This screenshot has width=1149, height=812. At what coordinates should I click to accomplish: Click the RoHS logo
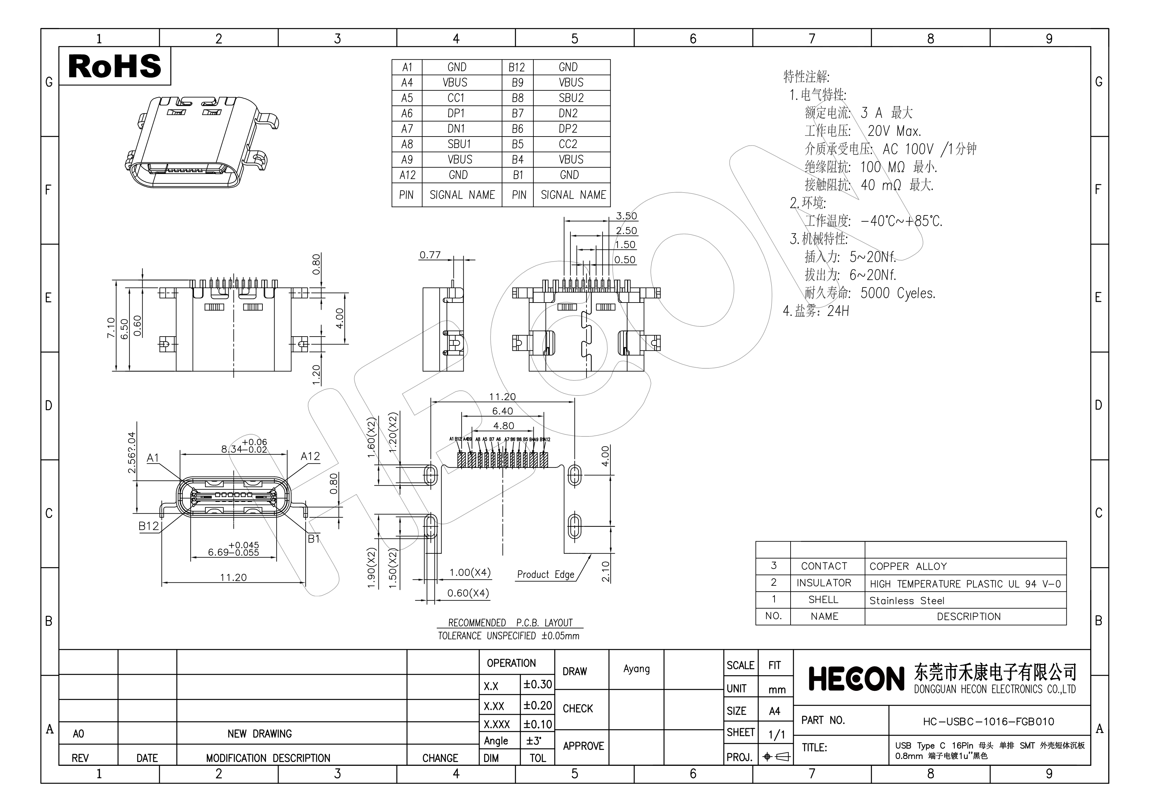115,66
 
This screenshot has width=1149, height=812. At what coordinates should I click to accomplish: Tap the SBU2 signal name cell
571,98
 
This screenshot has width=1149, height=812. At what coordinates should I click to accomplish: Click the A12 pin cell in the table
407,175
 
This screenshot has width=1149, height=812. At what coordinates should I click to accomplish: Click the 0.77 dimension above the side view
430,255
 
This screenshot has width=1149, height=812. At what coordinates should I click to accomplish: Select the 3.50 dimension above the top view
626,216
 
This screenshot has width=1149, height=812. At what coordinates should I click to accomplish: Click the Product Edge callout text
546,575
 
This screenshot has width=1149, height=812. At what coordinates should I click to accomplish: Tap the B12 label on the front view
149,526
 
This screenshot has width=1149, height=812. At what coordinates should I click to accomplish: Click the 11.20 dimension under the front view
233,578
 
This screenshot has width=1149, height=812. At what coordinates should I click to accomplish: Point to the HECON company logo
856,679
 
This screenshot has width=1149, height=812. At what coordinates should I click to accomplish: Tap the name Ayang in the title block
636,669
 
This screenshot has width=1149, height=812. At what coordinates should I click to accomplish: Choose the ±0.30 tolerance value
537,685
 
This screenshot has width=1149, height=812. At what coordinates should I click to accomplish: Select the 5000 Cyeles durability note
897,293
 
